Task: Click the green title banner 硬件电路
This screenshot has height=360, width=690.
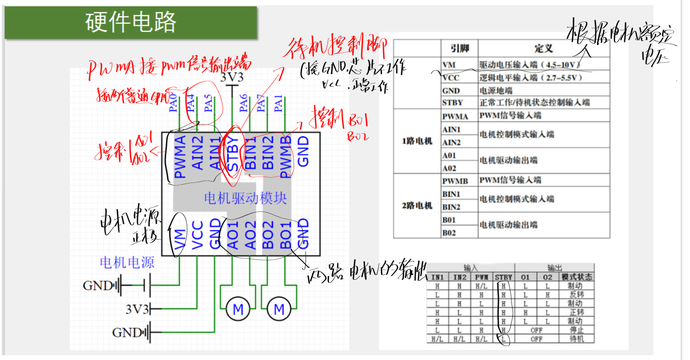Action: coord(131,22)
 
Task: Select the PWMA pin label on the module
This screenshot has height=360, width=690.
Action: coord(180,156)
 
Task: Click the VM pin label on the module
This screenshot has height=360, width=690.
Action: coord(180,239)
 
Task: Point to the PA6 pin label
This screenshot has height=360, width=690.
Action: coord(243,103)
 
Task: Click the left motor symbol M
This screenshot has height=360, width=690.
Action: coord(238,309)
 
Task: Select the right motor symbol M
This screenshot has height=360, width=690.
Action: coord(279,309)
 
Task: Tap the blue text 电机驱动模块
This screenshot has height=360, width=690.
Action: coord(245,198)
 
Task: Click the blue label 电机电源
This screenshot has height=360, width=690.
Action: coord(127,262)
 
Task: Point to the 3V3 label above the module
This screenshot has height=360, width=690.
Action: coord(232,78)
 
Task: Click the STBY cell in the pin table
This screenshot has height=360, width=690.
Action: coord(452,103)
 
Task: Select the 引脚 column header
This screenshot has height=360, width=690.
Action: coord(460,49)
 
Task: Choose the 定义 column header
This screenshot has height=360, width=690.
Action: coord(544,49)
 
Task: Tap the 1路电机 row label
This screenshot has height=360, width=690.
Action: coord(417,141)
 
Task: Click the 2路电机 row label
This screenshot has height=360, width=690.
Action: coord(417,206)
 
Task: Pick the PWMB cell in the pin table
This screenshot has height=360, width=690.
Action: coord(455,181)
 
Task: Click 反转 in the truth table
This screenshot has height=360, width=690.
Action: coord(576,294)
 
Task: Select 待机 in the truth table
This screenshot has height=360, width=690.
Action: coord(576,339)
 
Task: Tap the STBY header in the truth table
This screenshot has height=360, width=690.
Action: coord(503,277)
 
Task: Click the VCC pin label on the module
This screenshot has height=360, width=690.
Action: coord(197,235)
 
